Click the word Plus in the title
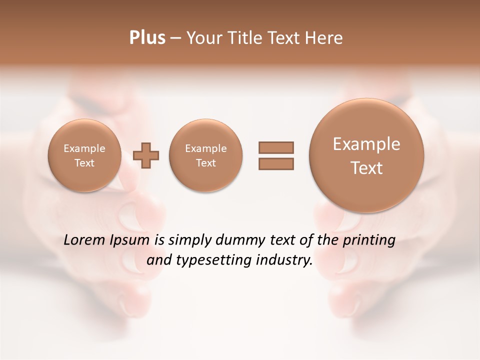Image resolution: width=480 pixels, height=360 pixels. pyautogui.click(x=147, y=38)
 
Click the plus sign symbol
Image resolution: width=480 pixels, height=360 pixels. pyautogui.click(x=146, y=155)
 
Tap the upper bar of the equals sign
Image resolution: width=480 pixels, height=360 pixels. pyautogui.click(x=276, y=147)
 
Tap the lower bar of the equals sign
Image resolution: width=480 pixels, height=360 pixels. pyautogui.click(x=276, y=163)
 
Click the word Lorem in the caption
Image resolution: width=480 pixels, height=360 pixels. pyautogui.click(x=83, y=240)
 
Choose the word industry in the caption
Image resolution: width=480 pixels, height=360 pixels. pyautogui.click(x=283, y=260)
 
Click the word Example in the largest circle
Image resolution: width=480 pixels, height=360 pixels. pyautogui.click(x=366, y=144)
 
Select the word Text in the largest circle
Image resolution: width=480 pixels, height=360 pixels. pyautogui.click(x=366, y=168)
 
